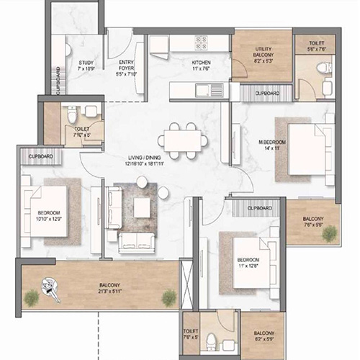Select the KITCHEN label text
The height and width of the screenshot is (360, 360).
pos(200,63)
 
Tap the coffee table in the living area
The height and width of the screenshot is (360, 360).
pos(142,207)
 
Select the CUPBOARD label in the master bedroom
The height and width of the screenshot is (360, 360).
pos(267,94)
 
